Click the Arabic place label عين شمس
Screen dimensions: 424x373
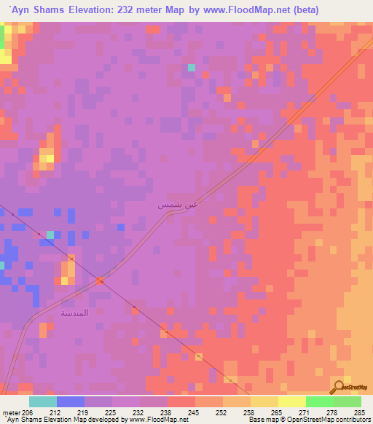click(177, 205)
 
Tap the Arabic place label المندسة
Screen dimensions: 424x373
click(74, 313)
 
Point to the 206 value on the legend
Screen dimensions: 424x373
click(28, 412)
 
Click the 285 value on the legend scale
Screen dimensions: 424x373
click(360, 412)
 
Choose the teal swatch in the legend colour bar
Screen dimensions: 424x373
click(43, 401)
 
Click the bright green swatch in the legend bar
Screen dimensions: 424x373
click(319, 401)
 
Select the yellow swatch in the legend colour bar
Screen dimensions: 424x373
click(264, 401)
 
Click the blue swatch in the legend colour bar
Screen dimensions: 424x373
click(71, 401)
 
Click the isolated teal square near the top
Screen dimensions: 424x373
click(192, 68)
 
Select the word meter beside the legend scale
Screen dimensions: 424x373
click(9, 412)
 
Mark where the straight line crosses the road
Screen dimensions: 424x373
click(101, 281)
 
